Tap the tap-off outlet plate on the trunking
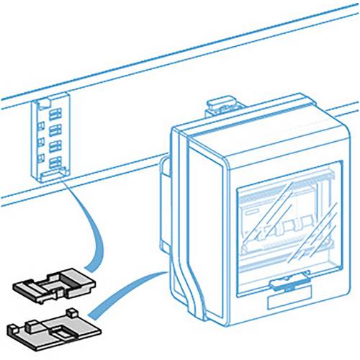[x=53, y=137]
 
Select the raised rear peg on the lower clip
[x=73, y=312]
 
